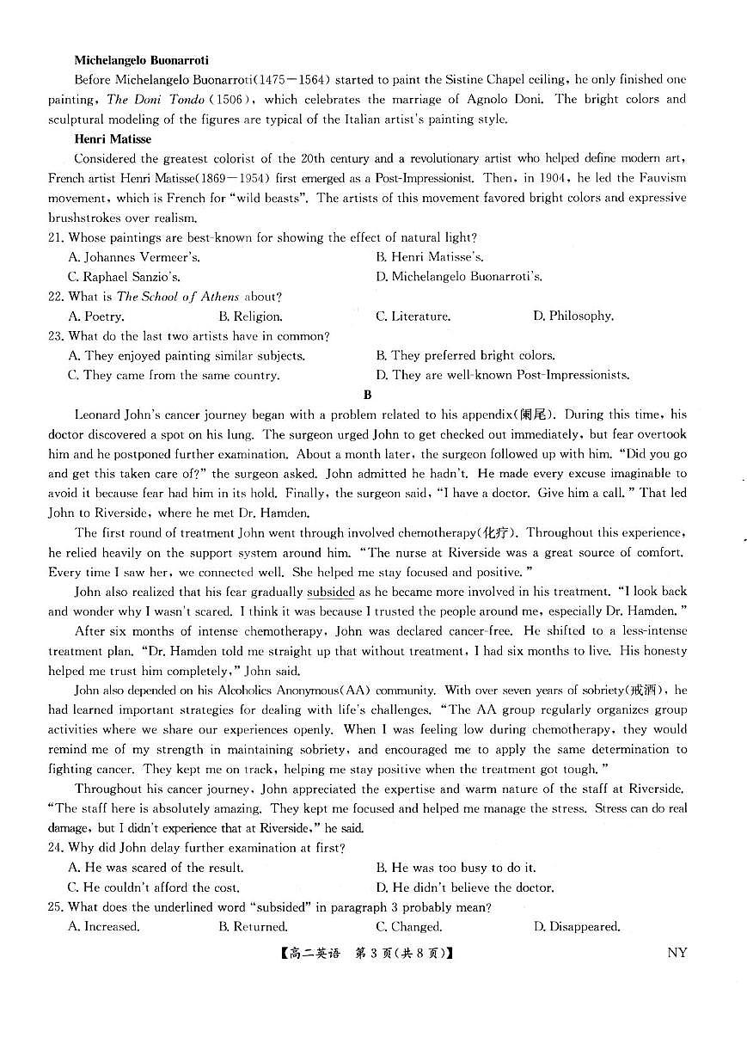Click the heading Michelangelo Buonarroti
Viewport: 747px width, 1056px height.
pyautogui.click(x=141, y=60)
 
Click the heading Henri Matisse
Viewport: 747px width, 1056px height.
pyautogui.click(x=113, y=138)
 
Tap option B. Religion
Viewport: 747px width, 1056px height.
pyautogui.click(x=250, y=316)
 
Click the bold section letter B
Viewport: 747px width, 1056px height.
pyautogui.click(x=368, y=395)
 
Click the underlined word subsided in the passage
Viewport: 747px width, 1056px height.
pyautogui.click(x=331, y=592)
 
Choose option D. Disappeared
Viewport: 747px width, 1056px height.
pyautogui.click(x=577, y=927)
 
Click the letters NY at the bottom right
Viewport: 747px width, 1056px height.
pyautogui.click(x=677, y=953)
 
